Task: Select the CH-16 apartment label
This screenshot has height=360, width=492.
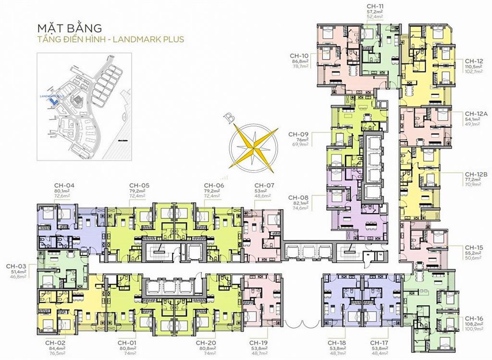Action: [x=474, y=318]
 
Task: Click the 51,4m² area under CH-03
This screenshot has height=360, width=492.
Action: [x=19, y=271]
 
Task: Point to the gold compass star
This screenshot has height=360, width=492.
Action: [x=253, y=145]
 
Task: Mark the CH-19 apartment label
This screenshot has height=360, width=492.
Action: [x=259, y=343]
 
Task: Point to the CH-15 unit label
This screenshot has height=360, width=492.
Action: [x=474, y=247]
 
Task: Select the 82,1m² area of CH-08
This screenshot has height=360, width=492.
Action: [x=298, y=203]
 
